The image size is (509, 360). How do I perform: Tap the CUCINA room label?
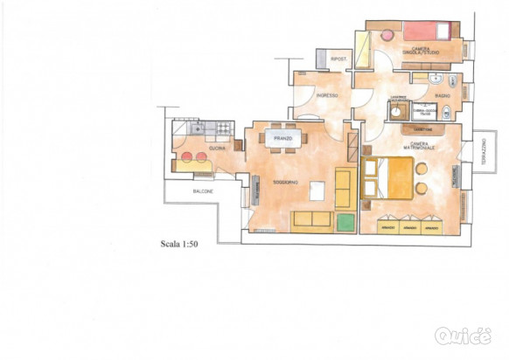[x=216, y=148]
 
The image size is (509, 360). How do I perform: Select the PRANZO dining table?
[x=282, y=139]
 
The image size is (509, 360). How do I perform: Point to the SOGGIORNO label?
[x=287, y=182]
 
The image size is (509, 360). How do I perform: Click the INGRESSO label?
[x=327, y=95]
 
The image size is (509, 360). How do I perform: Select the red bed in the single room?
[x=426, y=31]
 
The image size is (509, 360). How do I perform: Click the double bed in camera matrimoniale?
[x=393, y=177]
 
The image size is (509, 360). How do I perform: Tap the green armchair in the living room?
[x=344, y=218]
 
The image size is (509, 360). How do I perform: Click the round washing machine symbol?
[x=397, y=111]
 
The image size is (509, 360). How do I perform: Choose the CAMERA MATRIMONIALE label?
[x=415, y=146]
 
